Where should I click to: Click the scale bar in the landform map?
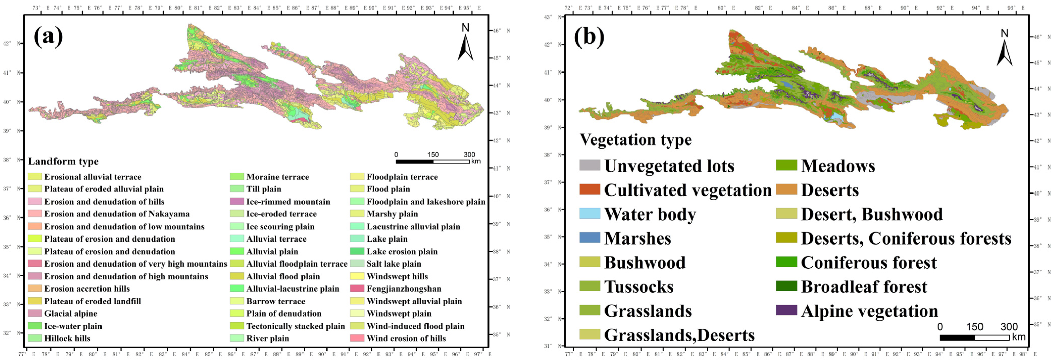(433, 161)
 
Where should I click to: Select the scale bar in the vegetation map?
(974, 337)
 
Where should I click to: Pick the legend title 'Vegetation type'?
(635, 140)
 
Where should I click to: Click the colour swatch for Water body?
(589, 213)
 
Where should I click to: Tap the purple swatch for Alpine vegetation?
(787, 310)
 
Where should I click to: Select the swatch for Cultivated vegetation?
(589, 189)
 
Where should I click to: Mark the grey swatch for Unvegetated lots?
(589, 165)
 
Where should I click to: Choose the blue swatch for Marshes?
(589, 237)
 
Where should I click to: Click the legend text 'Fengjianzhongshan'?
(404, 288)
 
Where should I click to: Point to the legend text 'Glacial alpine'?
(71, 313)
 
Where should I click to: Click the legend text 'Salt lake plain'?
(394, 264)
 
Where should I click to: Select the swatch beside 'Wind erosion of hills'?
(357, 338)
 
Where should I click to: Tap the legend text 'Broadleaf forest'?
(864, 286)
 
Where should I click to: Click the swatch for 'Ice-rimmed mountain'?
(237, 201)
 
